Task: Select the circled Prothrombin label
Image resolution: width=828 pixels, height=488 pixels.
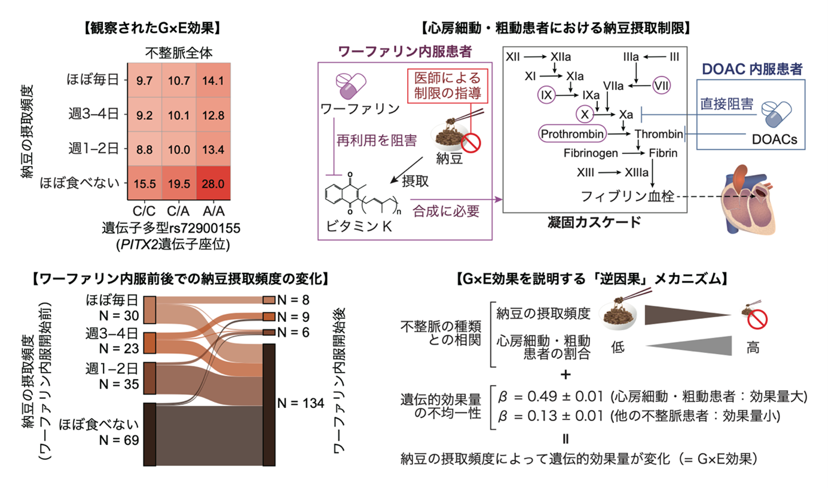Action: (x=572, y=133)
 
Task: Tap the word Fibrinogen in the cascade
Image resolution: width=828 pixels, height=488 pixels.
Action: (x=590, y=153)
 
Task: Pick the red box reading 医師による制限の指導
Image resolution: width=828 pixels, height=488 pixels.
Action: (x=449, y=86)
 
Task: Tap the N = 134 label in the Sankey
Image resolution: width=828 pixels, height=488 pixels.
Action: (x=301, y=403)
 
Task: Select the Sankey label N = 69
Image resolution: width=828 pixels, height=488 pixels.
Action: (x=120, y=440)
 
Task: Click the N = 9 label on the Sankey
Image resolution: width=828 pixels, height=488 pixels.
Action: (x=293, y=316)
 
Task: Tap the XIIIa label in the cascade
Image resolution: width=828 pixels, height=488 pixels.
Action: (x=638, y=172)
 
